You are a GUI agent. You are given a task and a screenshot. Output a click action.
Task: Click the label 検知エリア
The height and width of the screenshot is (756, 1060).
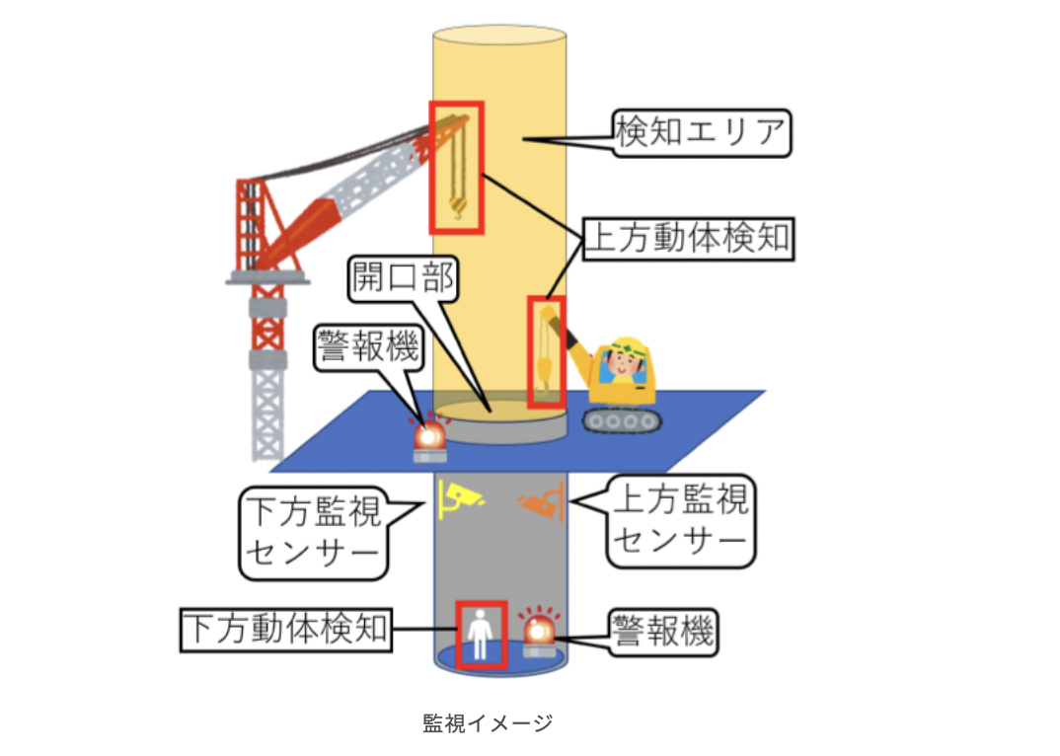point(702,132)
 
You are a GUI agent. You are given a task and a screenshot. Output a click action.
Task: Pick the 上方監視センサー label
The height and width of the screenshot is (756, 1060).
point(680,521)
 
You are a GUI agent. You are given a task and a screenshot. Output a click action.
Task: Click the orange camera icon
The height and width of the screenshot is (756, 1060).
point(542,501)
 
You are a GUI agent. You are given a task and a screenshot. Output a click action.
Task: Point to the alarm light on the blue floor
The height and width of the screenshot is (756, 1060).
point(429,440)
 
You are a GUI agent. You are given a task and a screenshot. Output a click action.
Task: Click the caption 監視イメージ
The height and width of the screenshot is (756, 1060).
point(487,722)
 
